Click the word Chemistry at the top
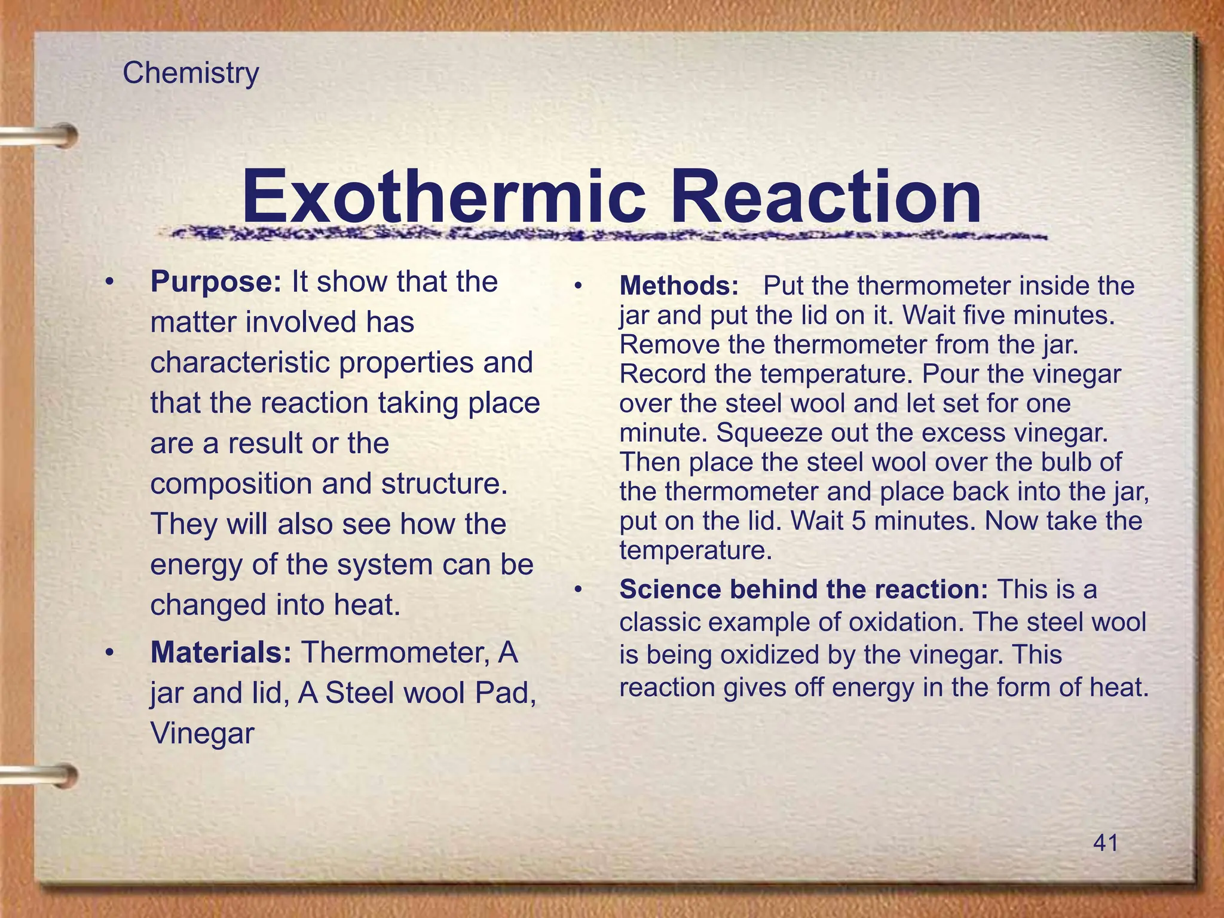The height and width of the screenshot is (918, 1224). point(191,74)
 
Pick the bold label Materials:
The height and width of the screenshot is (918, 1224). point(221,652)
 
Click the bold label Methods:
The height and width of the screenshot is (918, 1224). point(679,286)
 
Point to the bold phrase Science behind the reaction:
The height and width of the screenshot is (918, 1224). point(803,589)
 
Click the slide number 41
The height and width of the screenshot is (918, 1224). point(1105,843)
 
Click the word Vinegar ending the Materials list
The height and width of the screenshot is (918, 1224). point(202,733)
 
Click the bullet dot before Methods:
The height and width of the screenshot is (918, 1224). point(578,286)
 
